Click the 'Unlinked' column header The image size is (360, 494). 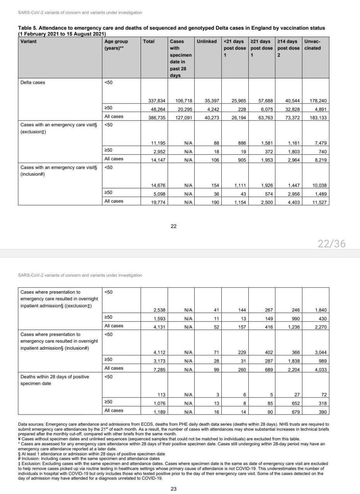click(x=207, y=41)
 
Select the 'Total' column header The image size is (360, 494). click(x=149, y=41)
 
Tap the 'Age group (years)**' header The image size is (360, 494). click(x=116, y=44)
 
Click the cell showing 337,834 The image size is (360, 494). click(x=157, y=101)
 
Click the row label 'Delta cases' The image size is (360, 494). click(x=32, y=82)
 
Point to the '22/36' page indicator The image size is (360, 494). click(x=331, y=244)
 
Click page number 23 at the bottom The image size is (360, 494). click(x=173, y=489)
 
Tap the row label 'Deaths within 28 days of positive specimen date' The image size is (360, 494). click(x=54, y=380)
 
